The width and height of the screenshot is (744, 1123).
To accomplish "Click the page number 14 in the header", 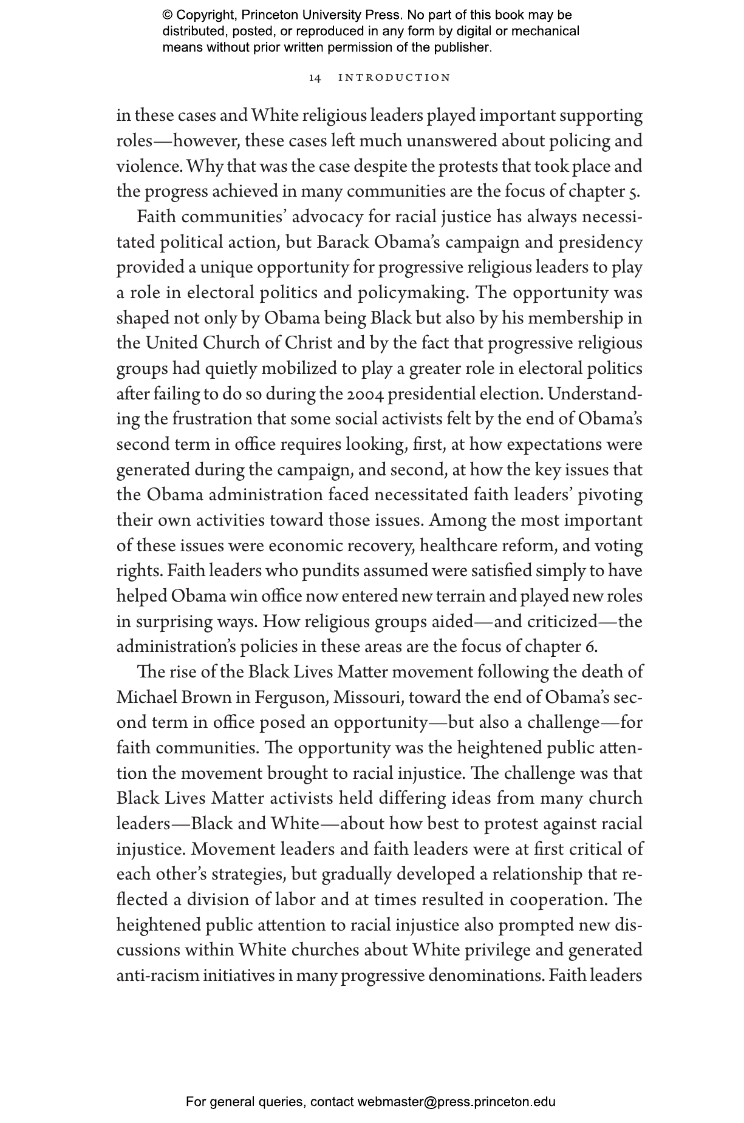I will point(315,78).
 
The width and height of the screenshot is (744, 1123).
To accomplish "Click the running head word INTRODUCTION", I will point(394,78).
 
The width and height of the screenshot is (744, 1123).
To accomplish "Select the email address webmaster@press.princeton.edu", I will point(456,1102).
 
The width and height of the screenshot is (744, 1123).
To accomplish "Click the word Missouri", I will point(367,697).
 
